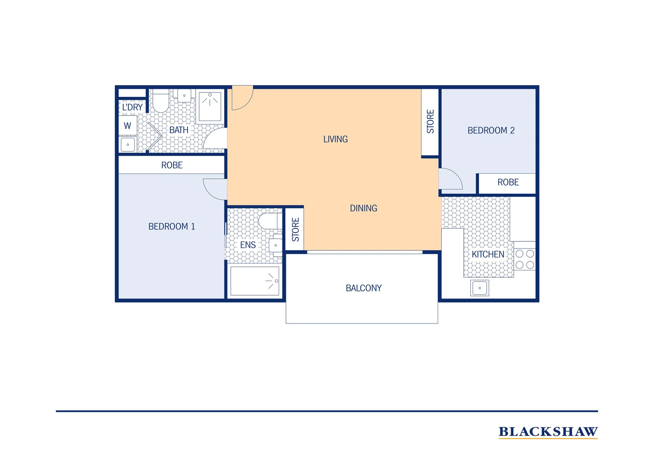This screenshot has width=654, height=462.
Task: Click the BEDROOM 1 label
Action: tap(172, 227)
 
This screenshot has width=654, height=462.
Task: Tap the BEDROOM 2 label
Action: tap(491, 130)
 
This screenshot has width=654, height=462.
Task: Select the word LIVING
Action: tap(336, 139)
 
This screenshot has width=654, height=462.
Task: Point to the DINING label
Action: tap(363, 208)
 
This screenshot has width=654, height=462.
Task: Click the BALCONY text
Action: tap(363, 288)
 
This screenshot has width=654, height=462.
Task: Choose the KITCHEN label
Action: tap(488, 255)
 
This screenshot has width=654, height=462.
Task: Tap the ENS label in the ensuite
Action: tap(248, 245)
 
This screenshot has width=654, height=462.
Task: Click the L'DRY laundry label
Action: tap(132, 107)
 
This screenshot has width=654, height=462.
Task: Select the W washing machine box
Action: tap(128, 126)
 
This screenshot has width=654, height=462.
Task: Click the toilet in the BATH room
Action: tap(161, 102)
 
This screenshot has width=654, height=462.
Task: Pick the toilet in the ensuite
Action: tap(269, 221)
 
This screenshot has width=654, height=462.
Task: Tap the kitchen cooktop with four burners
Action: tap(525, 259)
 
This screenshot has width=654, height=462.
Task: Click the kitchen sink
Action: tap(480, 288)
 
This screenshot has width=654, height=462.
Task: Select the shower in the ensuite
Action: tap(255, 281)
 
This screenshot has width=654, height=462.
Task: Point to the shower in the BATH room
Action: tap(210, 106)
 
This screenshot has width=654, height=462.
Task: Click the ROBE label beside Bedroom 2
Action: tap(508, 183)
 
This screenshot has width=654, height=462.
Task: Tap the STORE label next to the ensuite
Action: tap(295, 230)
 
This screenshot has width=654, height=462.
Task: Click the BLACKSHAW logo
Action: tap(548, 432)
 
